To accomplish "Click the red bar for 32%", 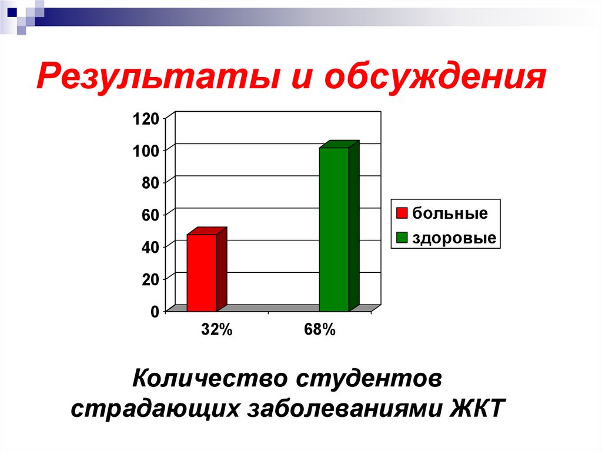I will pyautogui.click(x=202, y=272).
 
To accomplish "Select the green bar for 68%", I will pyautogui.click(x=334, y=229).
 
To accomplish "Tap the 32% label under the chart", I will pyautogui.click(x=217, y=330).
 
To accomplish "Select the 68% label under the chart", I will pyautogui.click(x=320, y=330).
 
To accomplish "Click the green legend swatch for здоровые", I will pyautogui.click(x=402, y=238).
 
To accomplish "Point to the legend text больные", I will pyautogui.click(x=450, y=213).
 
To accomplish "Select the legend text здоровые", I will pyautogui.click(x=454, y=238).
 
